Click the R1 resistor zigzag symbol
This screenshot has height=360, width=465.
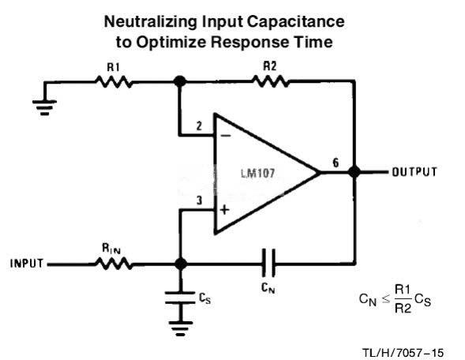tap(114, 82)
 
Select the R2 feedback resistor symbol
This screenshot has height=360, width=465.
tap(270, 81)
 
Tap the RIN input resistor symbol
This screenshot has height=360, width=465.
tap(114, 264)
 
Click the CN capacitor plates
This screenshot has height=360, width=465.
tap(268, 264)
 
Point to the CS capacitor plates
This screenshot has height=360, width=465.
tap(180, 298)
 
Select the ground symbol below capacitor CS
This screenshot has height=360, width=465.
tap(180, 328)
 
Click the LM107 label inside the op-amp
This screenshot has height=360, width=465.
tap(257, 173)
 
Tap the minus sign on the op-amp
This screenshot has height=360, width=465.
tap(226, 136)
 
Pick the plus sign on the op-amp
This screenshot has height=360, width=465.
tap(225, 210)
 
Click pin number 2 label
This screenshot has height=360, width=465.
tap(199, 126)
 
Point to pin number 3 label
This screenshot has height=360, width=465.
tap(199, 201)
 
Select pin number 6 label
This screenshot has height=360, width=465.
tap(336, 163)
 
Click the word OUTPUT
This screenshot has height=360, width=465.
tap(414, 172)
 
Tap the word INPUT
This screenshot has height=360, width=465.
tap(27, 264)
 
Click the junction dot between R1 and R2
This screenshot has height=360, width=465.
tap(180, 81)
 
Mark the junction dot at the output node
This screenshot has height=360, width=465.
tap(354, 171)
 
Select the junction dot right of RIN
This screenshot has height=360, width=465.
tap(180, 264)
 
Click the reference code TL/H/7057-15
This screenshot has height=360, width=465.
tap(403, 353)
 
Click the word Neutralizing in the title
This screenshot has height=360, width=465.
tap(150, 22)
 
